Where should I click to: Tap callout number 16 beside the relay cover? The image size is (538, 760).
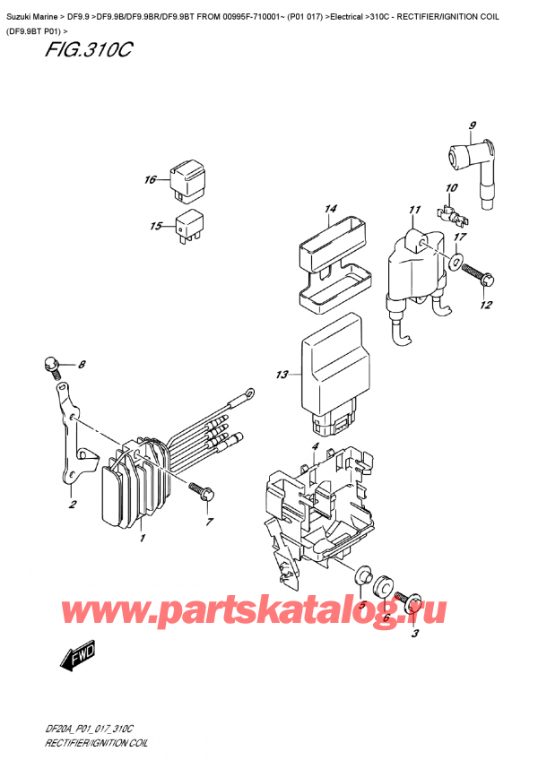coord(150,180)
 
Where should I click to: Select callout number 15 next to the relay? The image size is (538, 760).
coord(157,226)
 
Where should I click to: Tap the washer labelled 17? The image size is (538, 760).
coord(455,263)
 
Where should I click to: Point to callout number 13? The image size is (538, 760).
coord(282,375)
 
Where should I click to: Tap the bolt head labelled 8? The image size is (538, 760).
coord(51,364)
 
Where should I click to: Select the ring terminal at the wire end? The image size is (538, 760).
coord(247,392)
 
